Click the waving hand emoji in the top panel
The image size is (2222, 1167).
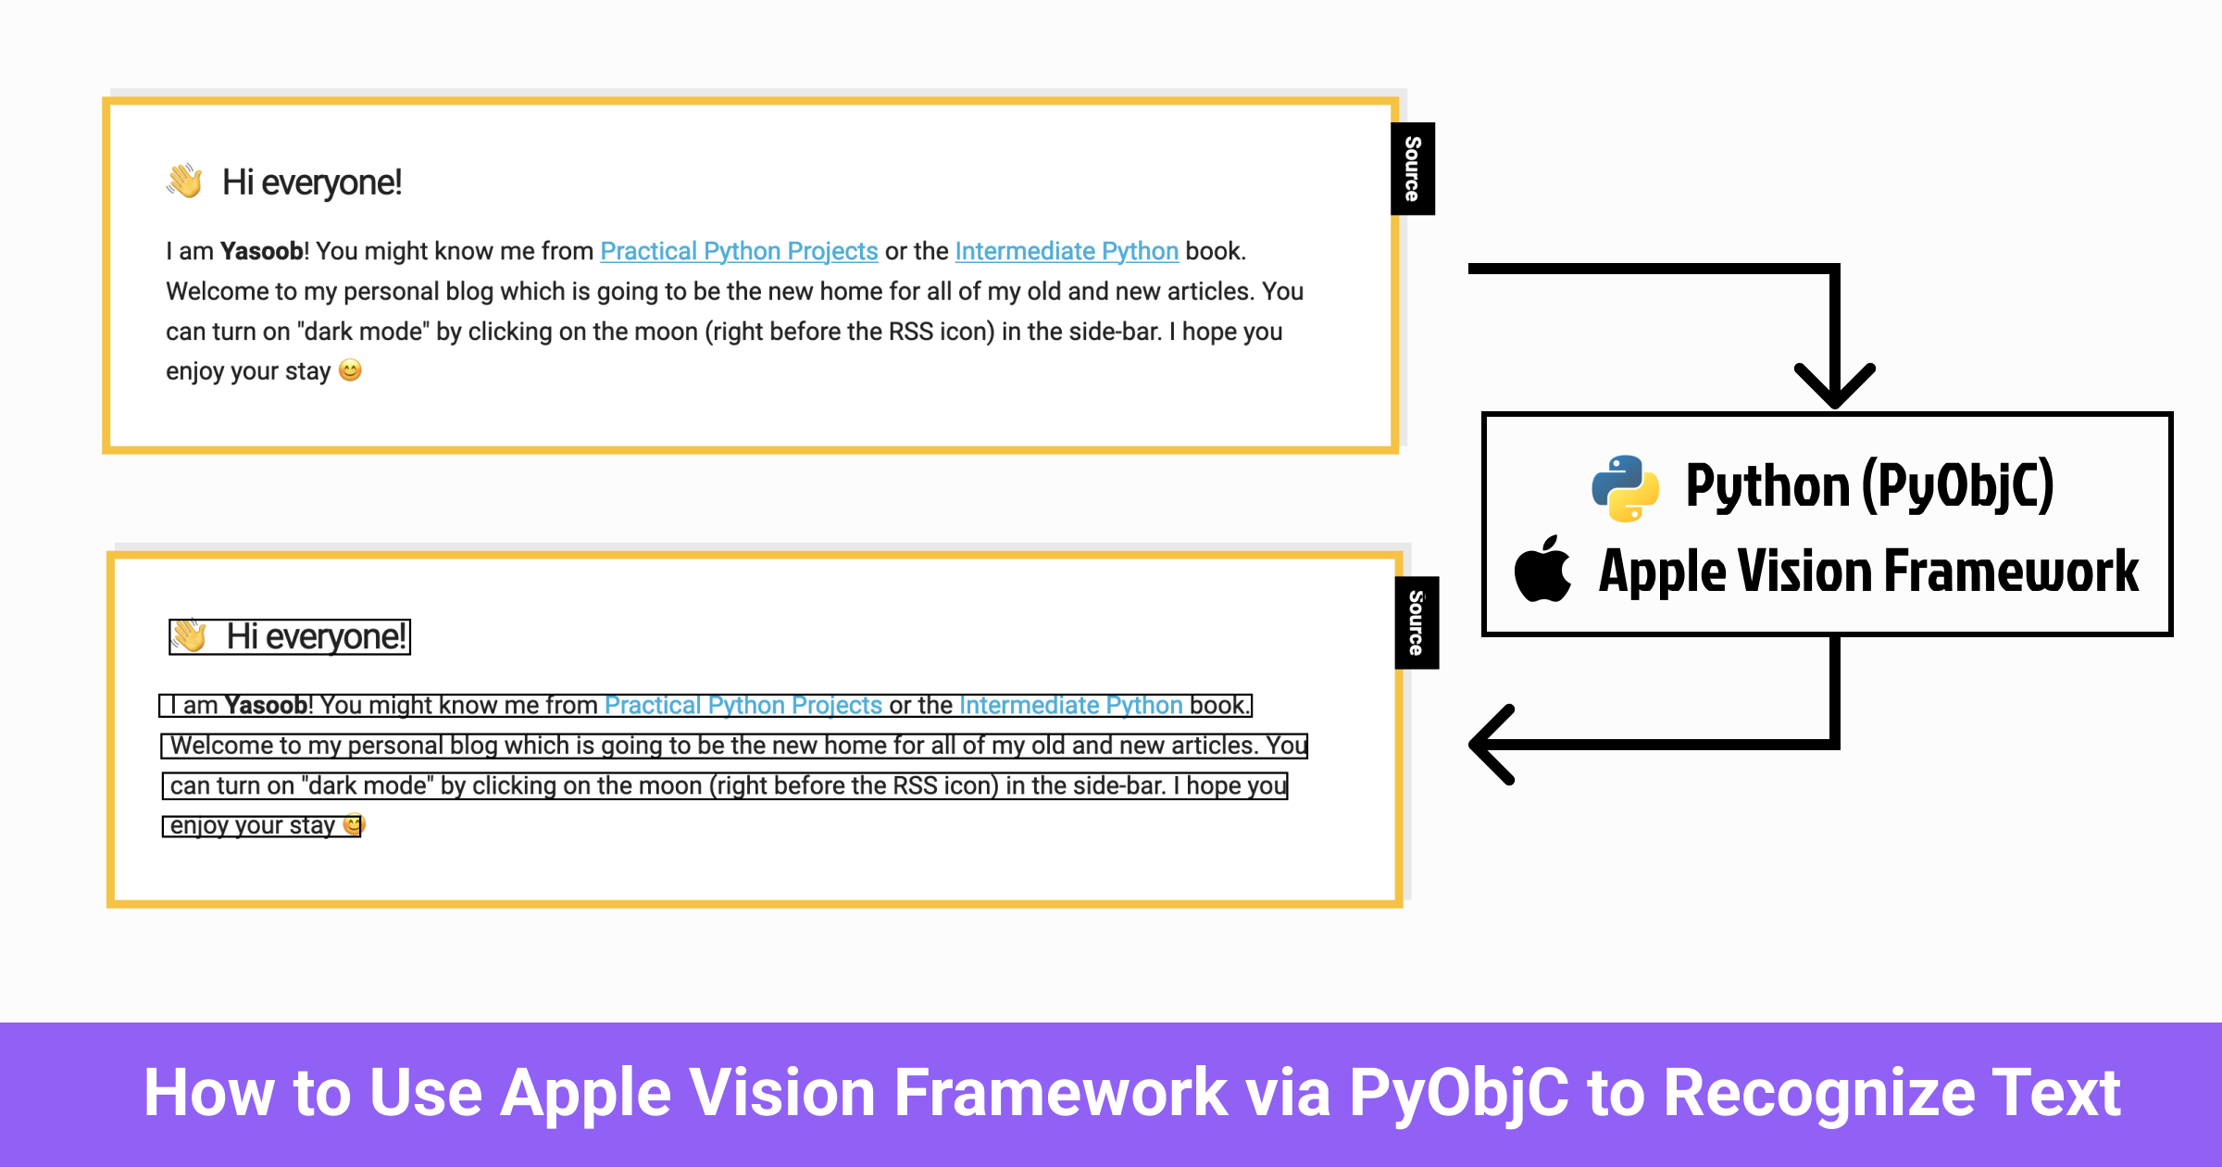coord(185,182)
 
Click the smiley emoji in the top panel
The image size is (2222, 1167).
coord(350,370)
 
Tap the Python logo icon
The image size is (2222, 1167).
coord(1625,488)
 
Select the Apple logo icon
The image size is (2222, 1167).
coord(1542,570)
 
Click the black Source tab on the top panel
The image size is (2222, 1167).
coord(1413,169)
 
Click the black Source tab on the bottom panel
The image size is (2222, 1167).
coord(1417,622)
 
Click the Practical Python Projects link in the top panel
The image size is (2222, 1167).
coord(739,251)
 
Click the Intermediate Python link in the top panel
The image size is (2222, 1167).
coord(1067,251)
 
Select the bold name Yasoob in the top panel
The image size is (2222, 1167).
coord(262,251)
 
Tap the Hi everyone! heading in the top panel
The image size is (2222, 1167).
coord(312,182)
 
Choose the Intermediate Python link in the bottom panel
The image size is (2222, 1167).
coord(1071,706)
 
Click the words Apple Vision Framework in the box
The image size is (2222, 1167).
coord(1868,571)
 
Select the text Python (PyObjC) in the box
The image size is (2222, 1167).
coord(1869,486)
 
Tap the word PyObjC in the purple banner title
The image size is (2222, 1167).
coord(1459,1093)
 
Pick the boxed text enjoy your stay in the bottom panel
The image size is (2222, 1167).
coord(252,825)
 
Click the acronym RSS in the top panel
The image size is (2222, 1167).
coord(910,332)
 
